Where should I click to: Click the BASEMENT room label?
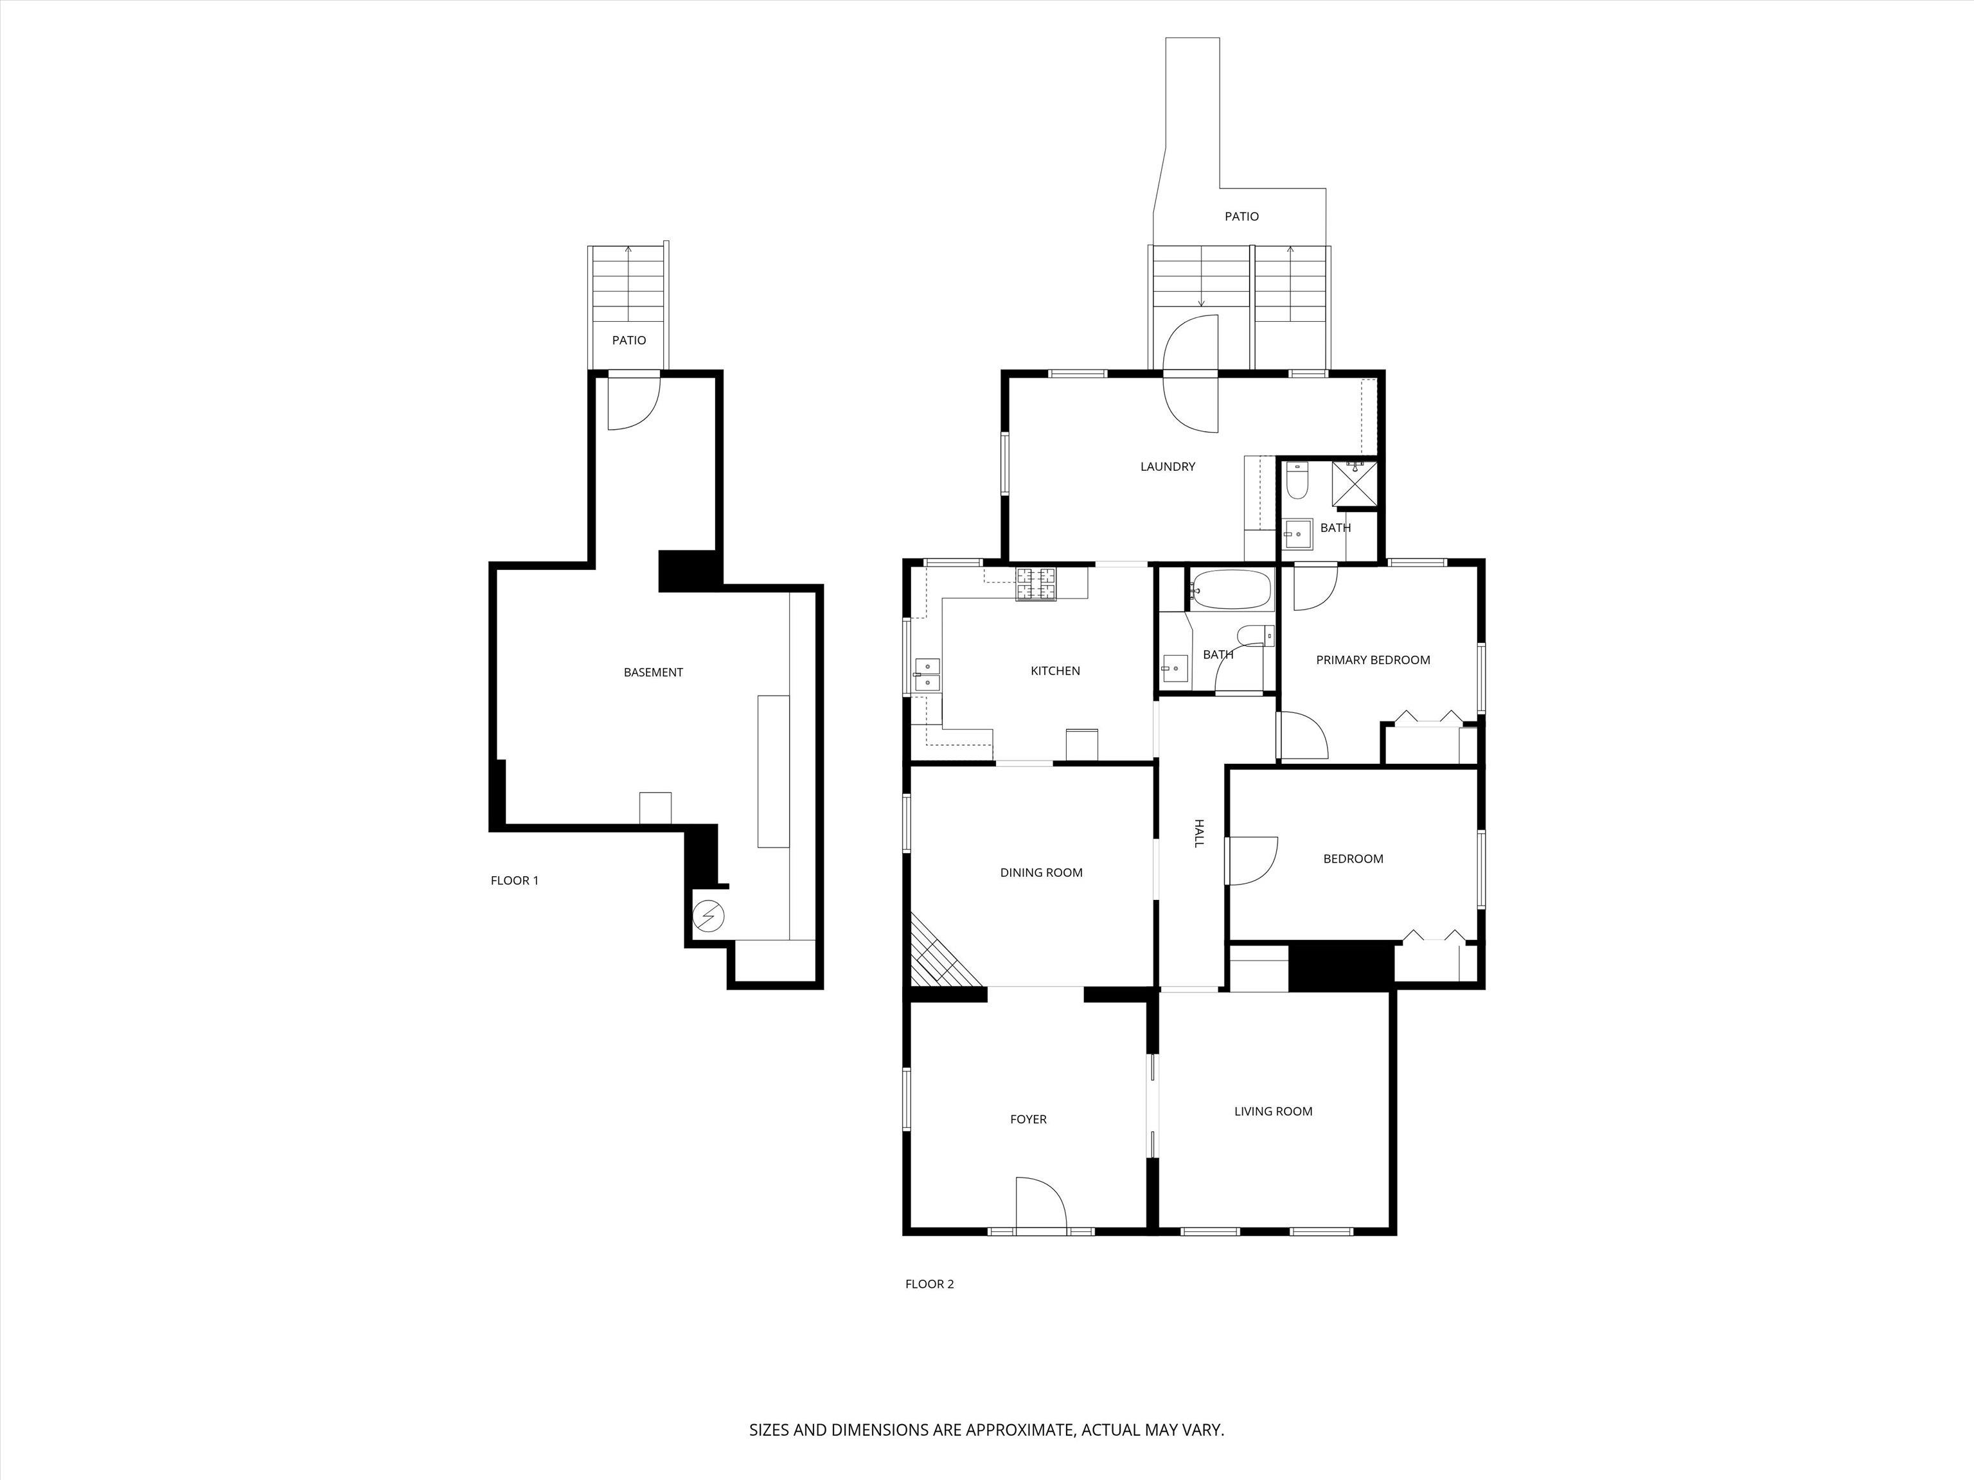654,673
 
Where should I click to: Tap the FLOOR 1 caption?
515,881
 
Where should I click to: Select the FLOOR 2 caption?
930,1283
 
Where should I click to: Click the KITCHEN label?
1056,671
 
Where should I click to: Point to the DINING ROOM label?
1042,872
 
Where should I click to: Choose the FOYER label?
1028,1119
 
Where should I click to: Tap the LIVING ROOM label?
1274,1111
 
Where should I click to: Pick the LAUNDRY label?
1168,466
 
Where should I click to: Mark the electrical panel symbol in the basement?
709,916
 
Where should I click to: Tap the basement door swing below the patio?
634,403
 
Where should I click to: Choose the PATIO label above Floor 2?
1241,216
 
